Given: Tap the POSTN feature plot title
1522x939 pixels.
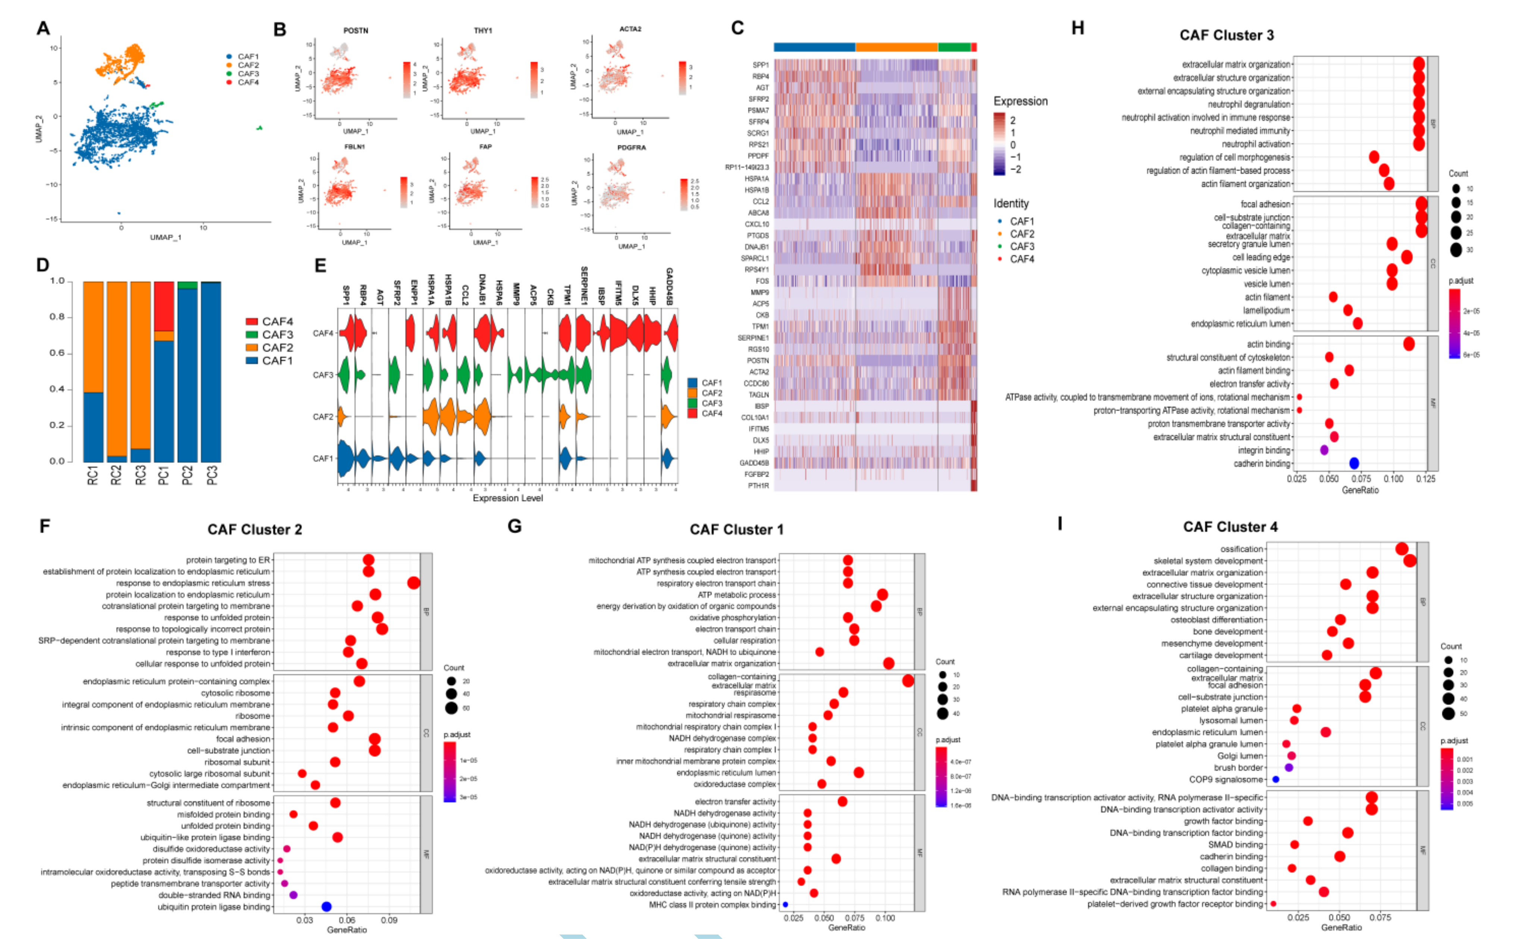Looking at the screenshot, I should (356, 31).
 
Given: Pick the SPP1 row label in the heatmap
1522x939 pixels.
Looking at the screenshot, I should (760, 65).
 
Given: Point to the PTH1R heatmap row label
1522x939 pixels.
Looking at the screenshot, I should (758, 486).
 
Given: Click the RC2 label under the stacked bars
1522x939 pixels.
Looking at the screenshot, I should (116, 475).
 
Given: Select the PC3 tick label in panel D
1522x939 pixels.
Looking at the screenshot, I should (212, 475).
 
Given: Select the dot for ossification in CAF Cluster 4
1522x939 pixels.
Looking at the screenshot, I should (1402, 549).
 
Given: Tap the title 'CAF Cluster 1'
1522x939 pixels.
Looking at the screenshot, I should (736, 530).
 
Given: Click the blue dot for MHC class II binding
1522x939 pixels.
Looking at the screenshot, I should (786, 905).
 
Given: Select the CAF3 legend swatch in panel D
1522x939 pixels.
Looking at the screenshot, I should (251, 335).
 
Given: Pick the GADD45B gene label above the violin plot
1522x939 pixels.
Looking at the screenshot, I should (669, 286).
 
